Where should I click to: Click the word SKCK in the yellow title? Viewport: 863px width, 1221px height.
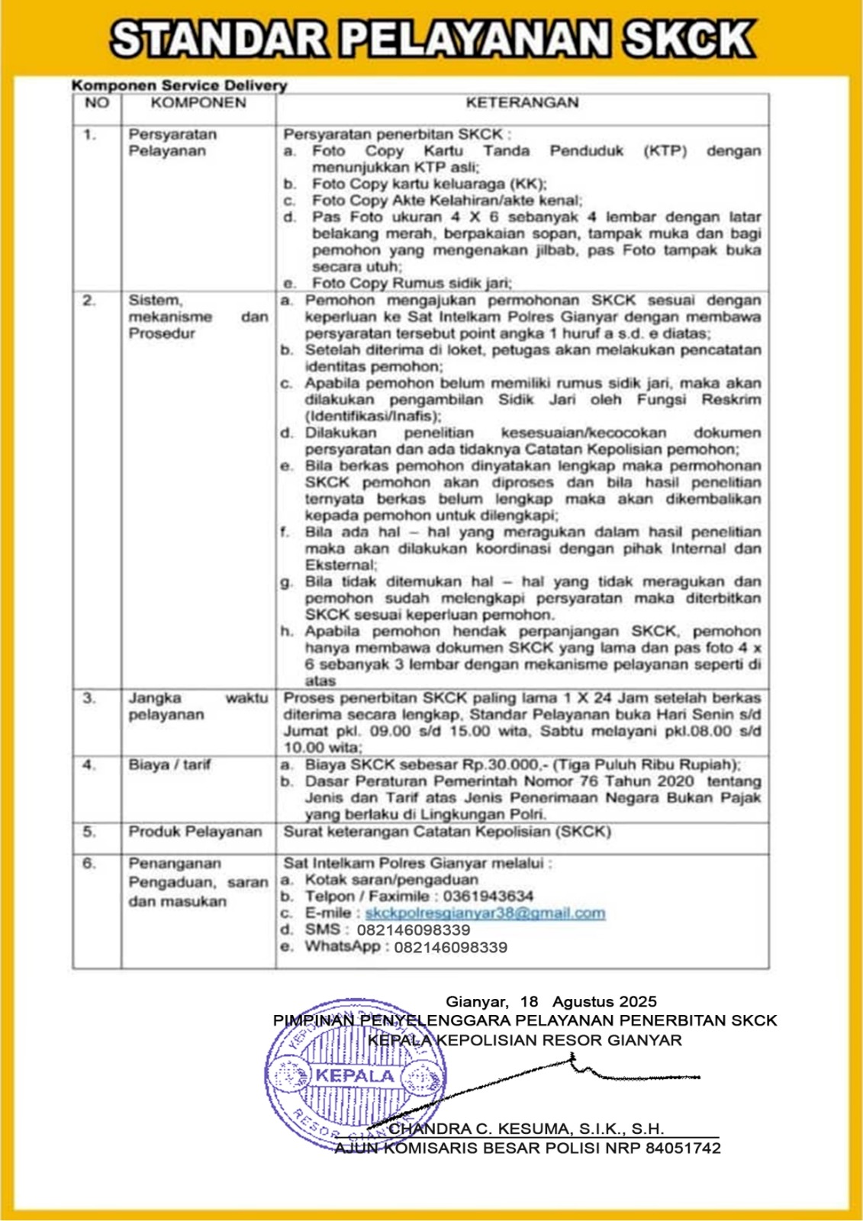689,39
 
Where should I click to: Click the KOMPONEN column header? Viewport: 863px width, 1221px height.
198,102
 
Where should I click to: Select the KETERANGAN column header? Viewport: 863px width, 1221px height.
522,102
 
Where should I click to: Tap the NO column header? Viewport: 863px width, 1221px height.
97,102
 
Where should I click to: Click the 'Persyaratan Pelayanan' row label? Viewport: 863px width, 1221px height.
172,143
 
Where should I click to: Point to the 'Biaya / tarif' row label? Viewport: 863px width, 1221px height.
169,765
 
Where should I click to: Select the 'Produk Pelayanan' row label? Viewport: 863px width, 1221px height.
195,831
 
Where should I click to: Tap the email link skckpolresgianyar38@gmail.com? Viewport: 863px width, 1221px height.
485,913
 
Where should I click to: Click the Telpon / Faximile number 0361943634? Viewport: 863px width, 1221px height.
488,897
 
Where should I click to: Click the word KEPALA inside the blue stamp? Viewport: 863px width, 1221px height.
356,1076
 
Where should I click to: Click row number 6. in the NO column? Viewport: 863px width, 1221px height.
90,864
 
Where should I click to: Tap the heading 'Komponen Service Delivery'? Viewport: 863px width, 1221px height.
179,85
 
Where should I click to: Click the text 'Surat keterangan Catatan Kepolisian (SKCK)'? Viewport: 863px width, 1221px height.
447,831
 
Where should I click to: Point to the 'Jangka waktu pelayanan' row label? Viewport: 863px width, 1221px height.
198,706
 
